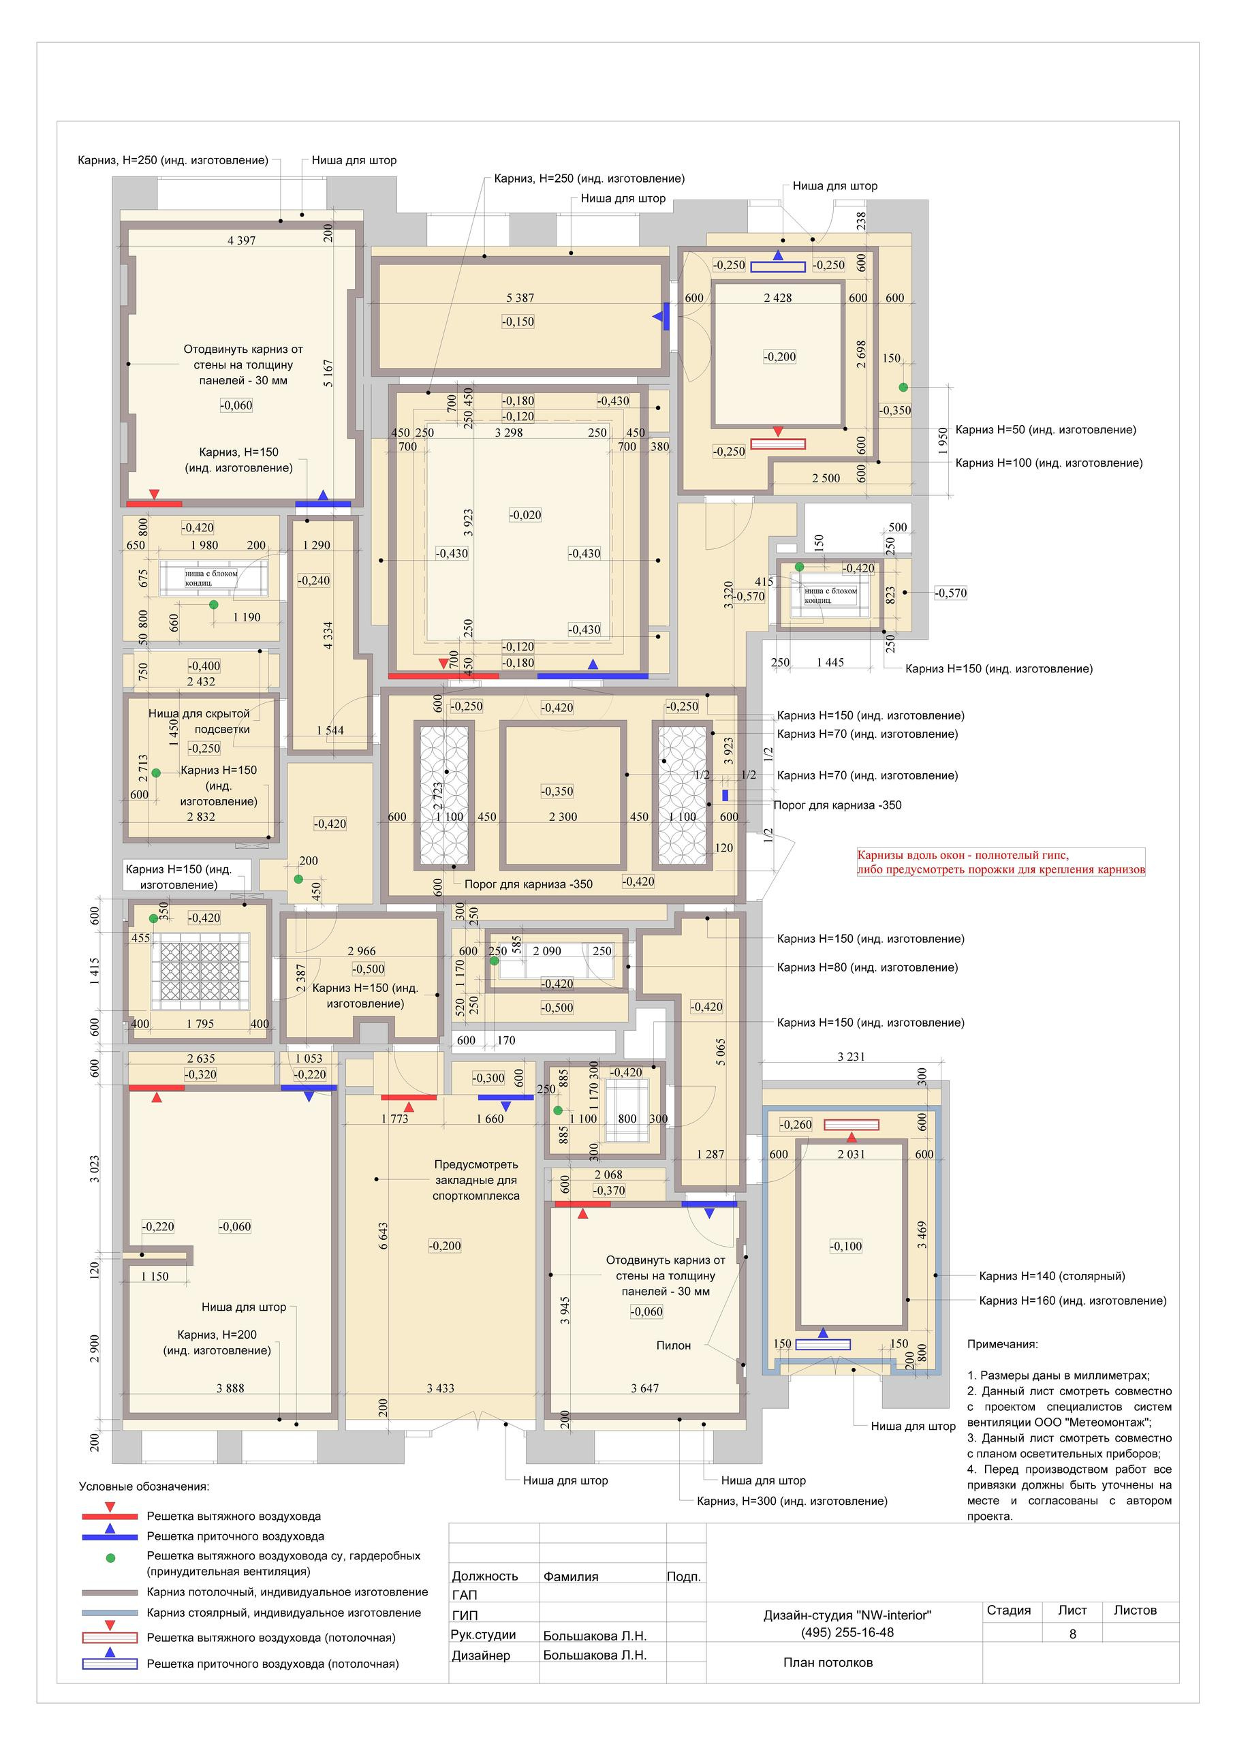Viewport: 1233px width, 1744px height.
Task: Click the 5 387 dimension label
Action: click(520, 298)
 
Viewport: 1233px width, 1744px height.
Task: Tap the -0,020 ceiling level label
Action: click(525, 515)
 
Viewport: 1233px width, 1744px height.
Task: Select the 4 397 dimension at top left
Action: click(242, 240)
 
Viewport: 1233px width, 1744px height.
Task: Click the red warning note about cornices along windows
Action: click(1001, 863)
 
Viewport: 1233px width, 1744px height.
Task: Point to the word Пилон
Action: click(674, 1345)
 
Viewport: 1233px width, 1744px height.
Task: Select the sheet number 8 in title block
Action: click(1073, 1634)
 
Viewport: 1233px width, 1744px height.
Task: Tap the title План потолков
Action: click(828, 1663)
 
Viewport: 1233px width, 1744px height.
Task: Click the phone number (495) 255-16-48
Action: click(847, 1632)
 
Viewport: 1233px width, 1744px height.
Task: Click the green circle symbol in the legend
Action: click(110, 1558)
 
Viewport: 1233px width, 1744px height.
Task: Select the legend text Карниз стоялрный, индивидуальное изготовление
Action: click(283, 1613)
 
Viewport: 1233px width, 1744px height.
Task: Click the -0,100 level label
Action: click(845, 1246)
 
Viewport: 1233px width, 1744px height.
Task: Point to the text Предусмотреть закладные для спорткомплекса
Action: click(476, 1180)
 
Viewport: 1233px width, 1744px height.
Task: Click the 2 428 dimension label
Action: click(778, 298)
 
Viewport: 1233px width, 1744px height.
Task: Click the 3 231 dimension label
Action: click(851, 1057)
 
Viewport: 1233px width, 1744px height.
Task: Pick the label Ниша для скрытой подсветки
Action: click(199, 721)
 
